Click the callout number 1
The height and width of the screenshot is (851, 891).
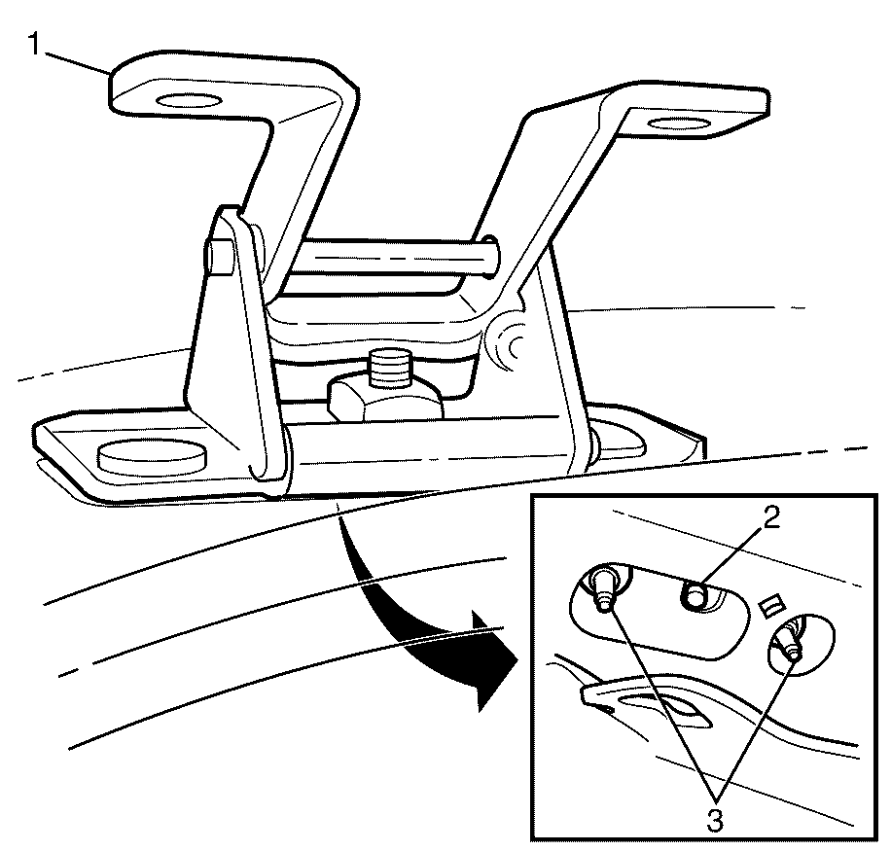pyautogui.click(x=35, y=44)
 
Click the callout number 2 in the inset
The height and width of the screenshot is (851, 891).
pyautogui.click(x=770, y=518)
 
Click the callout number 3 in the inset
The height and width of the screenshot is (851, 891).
pyautogui.click(x=715, y=820)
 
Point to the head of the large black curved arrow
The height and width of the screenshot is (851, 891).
pyautogui.click(x=492, y=660)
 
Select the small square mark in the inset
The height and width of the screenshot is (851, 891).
pyautogui.click(x=770, y=606)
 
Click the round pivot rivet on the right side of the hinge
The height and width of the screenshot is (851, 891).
pyautogui.click(x=510, y=345)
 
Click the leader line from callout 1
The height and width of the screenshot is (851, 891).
pyautogui.click(x=78, y=63)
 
